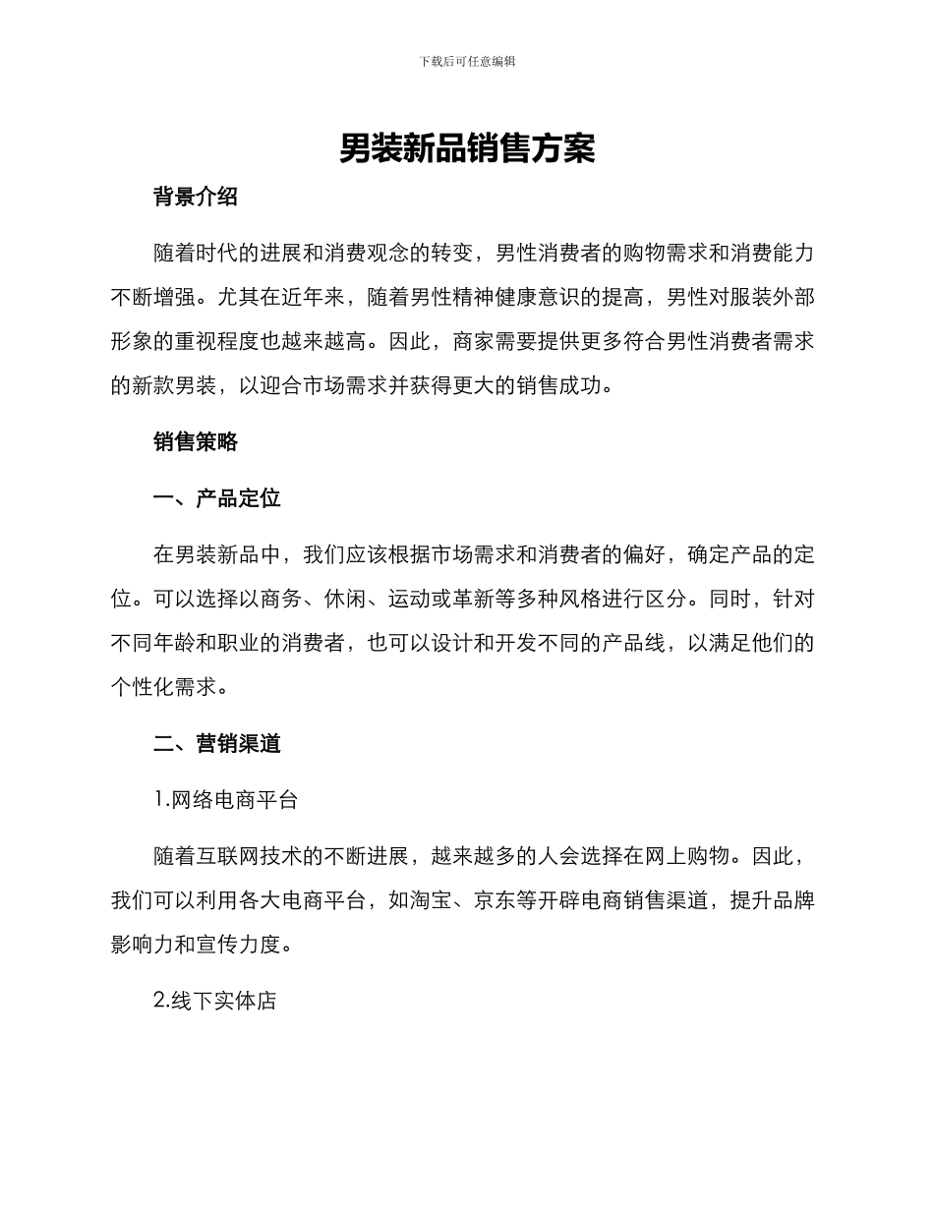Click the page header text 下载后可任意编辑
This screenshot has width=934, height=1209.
467,61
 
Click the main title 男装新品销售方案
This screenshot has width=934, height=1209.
467,149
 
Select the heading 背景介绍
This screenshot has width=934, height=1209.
196,197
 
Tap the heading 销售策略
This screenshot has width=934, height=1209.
196,442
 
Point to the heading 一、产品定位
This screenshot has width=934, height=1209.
217,498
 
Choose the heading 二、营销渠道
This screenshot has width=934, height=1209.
217,744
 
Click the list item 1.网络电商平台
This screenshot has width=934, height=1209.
226,800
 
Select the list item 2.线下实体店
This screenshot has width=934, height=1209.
215,1002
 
